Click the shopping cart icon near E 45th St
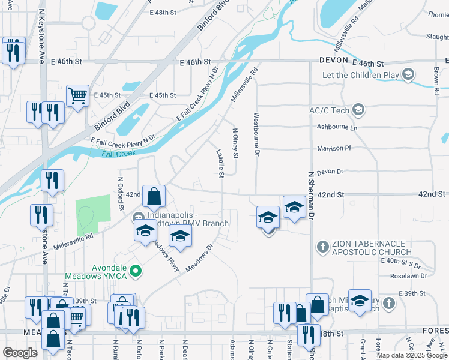tap(77, 95)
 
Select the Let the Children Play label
tap(360, 75)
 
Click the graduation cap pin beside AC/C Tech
tap(358, 109)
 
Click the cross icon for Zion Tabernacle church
tap(322, 246)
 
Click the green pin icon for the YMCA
tap(136, 272)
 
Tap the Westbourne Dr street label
tap(256, 135)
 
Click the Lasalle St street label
tap(221, 164)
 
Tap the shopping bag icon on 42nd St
tap(154, 195)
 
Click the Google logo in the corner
tap(20, 352)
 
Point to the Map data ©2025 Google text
tap(412, 355)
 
